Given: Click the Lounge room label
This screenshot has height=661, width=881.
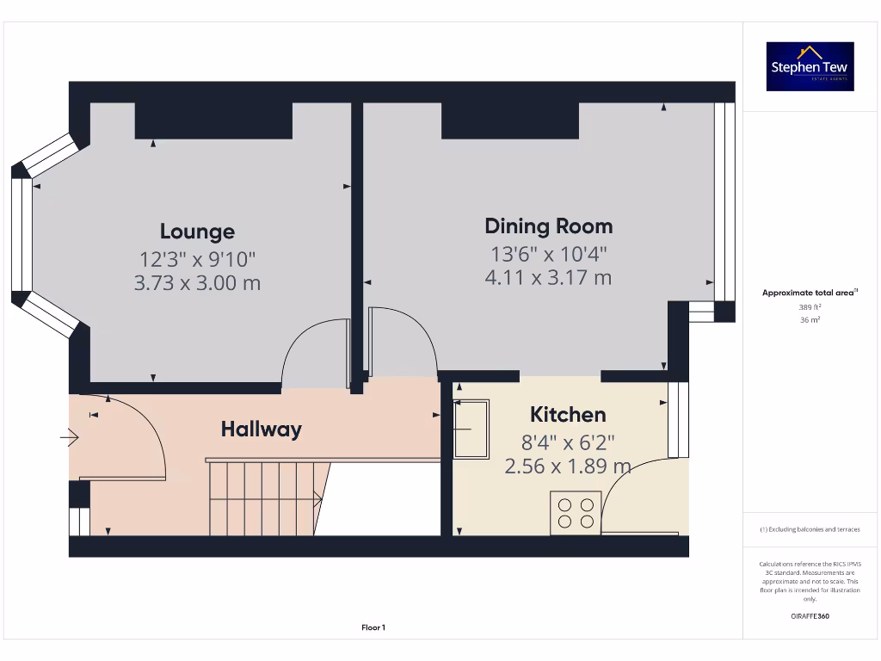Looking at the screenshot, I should pyautogui.click(x=197, y=232).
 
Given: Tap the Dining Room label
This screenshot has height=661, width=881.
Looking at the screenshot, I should pyautogui.click(x=549, y=226).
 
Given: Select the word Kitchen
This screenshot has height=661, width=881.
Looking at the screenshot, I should pyautogui.click(x=568, y=415).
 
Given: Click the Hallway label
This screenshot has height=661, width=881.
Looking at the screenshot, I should pyautogui.click(x=262, y=429).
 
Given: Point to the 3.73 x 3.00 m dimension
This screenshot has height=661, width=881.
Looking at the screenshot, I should pyautogui.click(x=197, y=282).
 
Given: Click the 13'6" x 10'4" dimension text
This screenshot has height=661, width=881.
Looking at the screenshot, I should pyautogui.click(x=549, y=254).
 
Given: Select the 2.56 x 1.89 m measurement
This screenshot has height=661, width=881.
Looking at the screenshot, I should pyautogui.click(x=568, y=466).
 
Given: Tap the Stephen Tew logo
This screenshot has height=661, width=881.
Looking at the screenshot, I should pyautogui.click(x=810, y=66).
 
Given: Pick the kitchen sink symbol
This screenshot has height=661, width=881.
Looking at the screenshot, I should pyautogui.click(x=471, y=429).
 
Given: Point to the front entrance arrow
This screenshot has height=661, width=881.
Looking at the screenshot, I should pyautogui.click(x=69, y=438).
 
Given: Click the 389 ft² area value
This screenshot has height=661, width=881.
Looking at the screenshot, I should pyautogui.click(x=810, y=306).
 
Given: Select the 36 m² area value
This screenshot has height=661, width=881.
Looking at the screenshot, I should pyautogui.click(x=810, y=319).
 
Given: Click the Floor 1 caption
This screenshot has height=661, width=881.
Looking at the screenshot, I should pyautogui.click(x=373, y=628).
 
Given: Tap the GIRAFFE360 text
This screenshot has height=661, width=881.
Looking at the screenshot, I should pyautogui.click(x=810, y=616).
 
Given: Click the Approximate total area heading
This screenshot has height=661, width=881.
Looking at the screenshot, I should pyautogui.click(x=810, y=293).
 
